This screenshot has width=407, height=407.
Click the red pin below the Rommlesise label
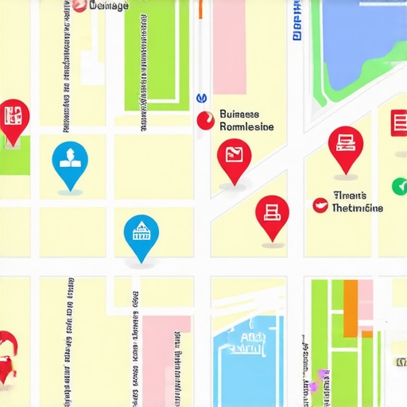[x=234, y=155]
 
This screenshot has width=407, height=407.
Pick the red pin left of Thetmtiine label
[x=272, y=212]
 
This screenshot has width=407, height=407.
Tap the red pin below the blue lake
[x=345, y=145]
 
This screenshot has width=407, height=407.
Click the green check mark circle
[x=399, y=187]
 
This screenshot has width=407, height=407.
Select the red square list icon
[x=398, y=122]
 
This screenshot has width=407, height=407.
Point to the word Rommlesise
[x=246, y=127]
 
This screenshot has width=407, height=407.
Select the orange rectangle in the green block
[x=351, y=306]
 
